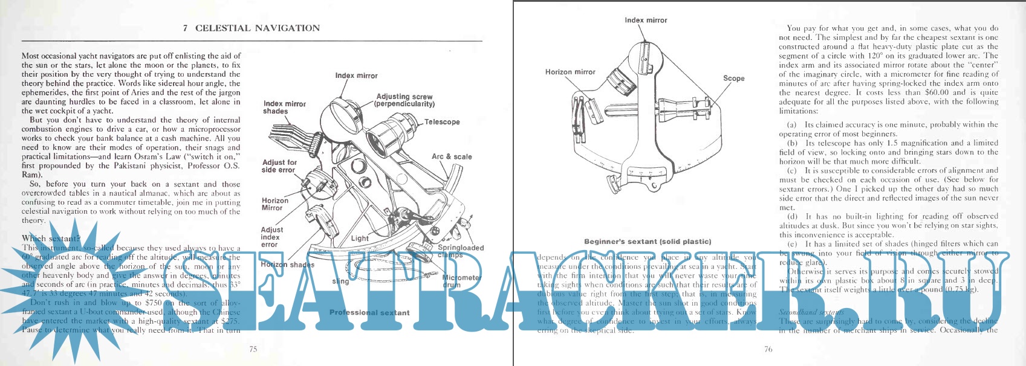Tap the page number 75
pyautogui.click(x=253, y=349)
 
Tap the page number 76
pyautogui.click(x=768, y=349)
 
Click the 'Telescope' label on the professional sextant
pyautogui.click(x=442, y=122)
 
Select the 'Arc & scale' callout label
pyautogui.click(x=452, y=156)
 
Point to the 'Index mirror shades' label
pyautogui.click(x=284, y=108)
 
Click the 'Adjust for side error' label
pyautogui.click(x=279, y=166)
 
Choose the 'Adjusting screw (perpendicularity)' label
pyautogui.click(x=404, y=100)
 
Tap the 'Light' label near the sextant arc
pyautogui.click(x=360, y=239)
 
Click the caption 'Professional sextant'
pyautogui.click(x=369, y=313)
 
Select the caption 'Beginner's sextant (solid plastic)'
pyautogui.click(x=648, y=242)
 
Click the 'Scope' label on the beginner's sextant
pyautogui.click(x=733, y=79)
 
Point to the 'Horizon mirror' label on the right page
pyautogui.click(x=570, y=72)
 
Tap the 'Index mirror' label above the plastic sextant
pyautogui.click(x=646, y=21)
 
